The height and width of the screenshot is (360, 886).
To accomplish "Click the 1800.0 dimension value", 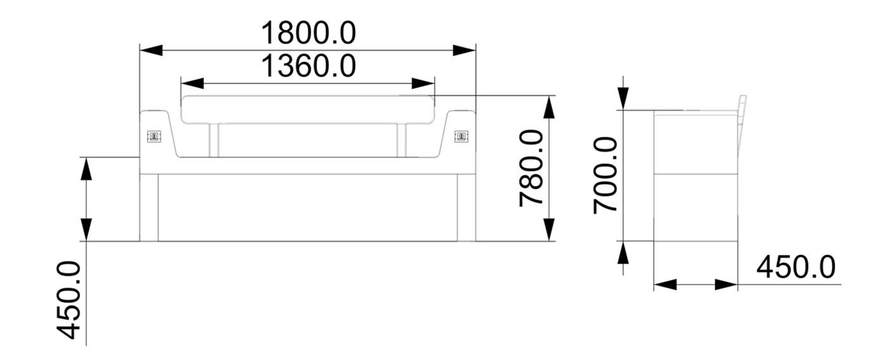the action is coord(309,34).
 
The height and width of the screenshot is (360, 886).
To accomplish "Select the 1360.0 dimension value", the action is coord(309,66).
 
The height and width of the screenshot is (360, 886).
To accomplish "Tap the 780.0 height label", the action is coord(532,168).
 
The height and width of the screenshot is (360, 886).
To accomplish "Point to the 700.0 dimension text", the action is coord(606,175).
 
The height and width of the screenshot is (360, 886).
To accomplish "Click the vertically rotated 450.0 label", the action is coord(68,300).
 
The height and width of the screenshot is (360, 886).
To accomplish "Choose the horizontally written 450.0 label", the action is coord(796,268).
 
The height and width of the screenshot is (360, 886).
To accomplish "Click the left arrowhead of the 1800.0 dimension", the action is coord(151,50).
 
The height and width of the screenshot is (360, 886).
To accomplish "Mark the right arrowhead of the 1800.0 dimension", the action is coord(465,50).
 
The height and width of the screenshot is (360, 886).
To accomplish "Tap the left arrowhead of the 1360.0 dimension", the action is coord(192,84).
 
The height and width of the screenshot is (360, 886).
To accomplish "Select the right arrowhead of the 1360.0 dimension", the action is coord(423,84).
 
